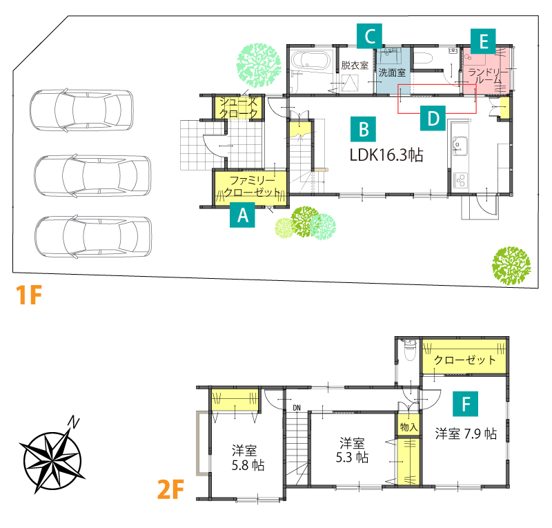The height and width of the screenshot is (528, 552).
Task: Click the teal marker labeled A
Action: [x=242, y=215]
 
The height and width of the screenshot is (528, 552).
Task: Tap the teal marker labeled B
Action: [x=364, y=129]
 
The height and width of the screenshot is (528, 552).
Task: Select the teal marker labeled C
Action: [x=369, y=36]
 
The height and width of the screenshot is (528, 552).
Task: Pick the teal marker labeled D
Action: [x=433, y=118]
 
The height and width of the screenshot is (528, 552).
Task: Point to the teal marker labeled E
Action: [x=484, y=41]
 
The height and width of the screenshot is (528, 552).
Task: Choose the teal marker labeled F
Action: [x=466, y=404]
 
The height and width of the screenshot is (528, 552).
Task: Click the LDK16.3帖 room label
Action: [x=386, y=155]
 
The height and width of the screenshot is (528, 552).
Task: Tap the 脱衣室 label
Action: [x=355, y=65]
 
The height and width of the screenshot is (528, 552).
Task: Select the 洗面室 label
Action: [x=392, y=72]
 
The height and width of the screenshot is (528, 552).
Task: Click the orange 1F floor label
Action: [x=29, y=295]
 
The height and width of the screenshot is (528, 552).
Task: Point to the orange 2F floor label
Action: [x=170, y=489]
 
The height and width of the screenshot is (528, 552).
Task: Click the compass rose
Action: [x=52, y=456]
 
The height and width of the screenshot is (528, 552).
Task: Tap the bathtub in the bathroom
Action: [x=311, y=60]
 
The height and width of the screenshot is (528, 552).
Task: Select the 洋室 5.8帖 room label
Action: [x=248, y=458]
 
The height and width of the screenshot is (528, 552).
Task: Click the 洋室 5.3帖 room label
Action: [x=352, y=450]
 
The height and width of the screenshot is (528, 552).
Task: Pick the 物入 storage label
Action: [x=408, y=427]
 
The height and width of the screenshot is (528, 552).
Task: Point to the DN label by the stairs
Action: [x=297, y=408]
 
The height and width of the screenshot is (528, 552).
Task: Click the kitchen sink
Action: [x=460, y=146]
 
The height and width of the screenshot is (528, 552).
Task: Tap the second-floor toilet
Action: [x=409, y=349]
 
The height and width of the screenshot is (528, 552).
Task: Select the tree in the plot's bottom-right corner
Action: [x=511, y=266]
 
